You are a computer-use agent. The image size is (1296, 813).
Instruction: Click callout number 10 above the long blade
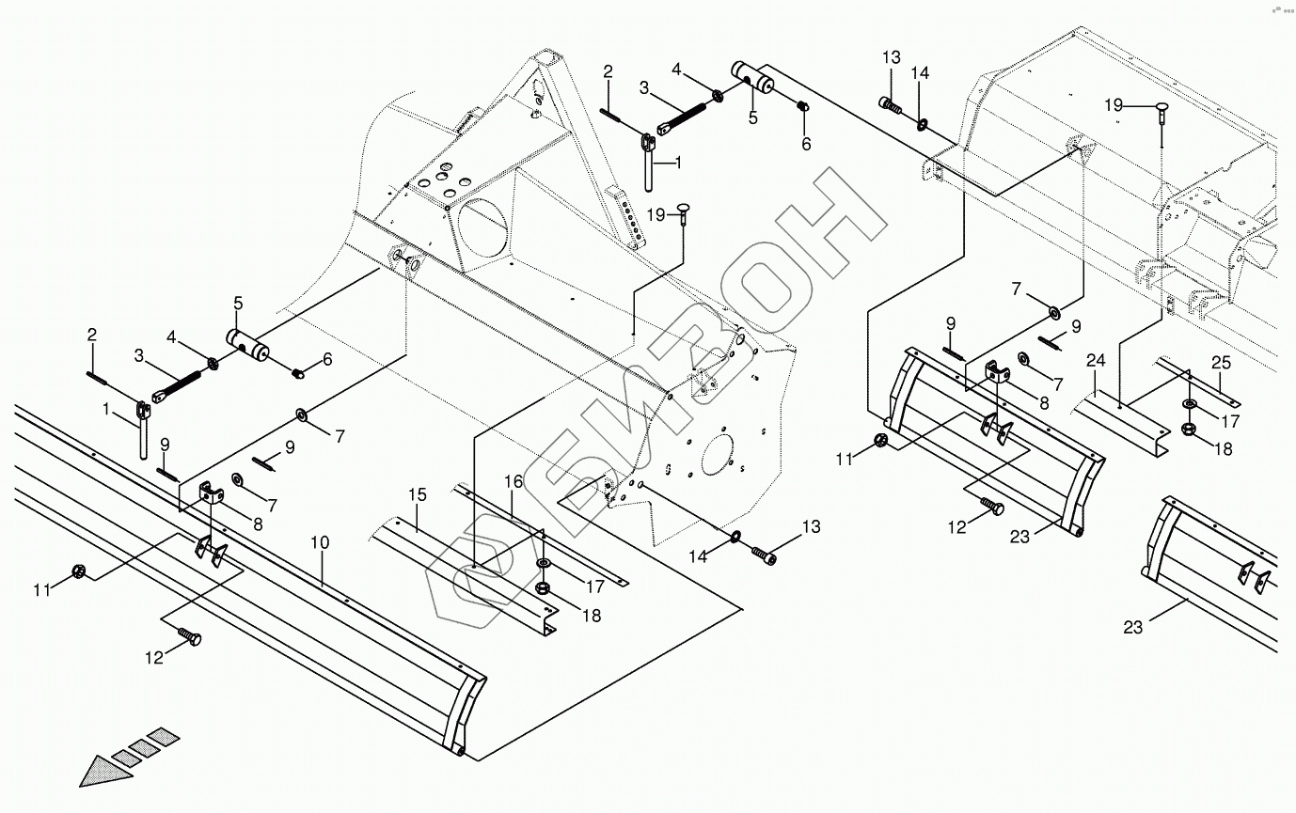[x=320, y=542]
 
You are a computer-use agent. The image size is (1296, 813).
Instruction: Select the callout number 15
[x=417, y=494]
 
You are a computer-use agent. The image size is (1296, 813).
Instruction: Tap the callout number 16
[x=513, y=482]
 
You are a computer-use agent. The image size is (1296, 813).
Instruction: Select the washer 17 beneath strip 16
[x=544, y=563]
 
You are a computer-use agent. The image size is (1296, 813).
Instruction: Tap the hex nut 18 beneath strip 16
[x=543, y=588]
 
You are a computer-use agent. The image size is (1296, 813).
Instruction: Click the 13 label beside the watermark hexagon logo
[x=810, y=526]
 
